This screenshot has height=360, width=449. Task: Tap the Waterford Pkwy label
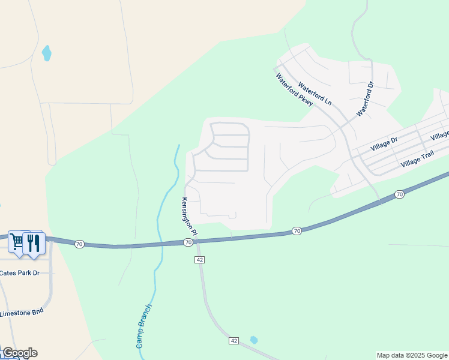pos(294,91)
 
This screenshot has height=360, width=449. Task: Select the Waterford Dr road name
pos(365,100)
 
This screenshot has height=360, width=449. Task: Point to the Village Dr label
pos(384,144)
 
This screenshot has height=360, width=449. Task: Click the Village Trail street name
pos(417,158)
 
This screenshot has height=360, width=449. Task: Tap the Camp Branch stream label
pos(144,326)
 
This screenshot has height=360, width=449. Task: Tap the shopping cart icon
pos(17,242)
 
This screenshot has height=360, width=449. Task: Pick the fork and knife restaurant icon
pos(33,242)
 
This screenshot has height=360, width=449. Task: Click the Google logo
pos(20,353)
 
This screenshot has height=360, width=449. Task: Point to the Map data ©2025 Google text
pos(411,355)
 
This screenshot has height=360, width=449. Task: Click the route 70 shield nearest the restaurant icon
pos(79,244)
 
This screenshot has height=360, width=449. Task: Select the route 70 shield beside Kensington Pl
pos(188,242)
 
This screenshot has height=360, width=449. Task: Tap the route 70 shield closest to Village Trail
pos(400,194)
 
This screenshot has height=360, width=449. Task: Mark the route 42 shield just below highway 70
pos(200,259)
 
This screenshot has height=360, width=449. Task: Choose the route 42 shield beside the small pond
pos(234,341)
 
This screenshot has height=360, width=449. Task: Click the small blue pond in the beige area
pos(46,53)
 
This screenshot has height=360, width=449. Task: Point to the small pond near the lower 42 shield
pos(254,340)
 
